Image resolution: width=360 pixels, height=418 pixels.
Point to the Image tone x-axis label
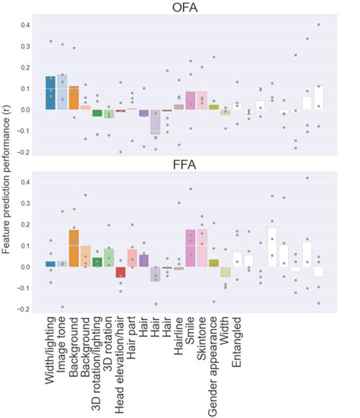coord(63,349)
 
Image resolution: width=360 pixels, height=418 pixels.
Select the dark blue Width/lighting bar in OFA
coord(51,93)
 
